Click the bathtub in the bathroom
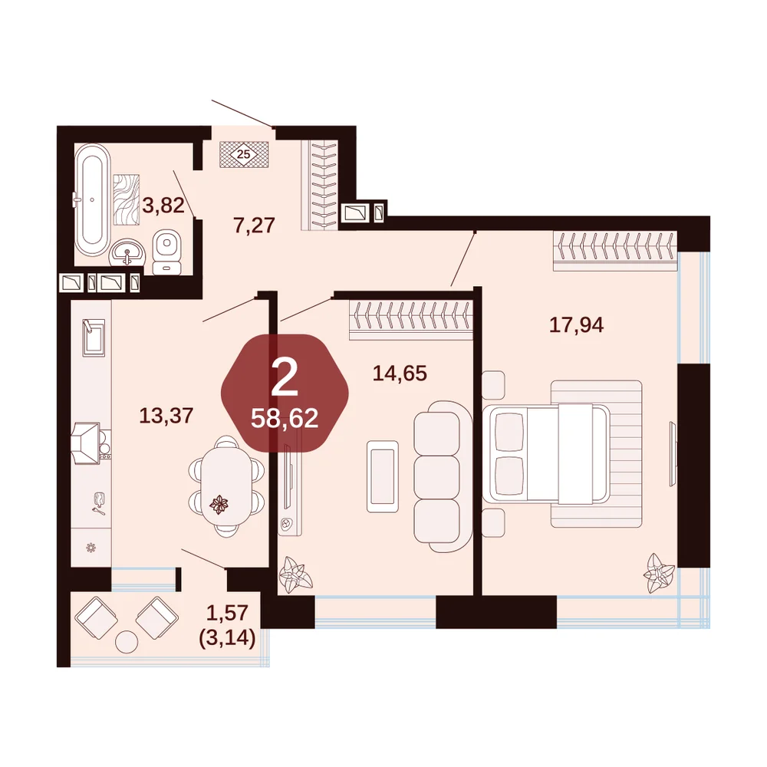[x=92, y=199]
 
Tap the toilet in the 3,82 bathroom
[x=166, y=252]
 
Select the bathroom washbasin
[x=127, y=252]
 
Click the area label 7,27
[x=255, y=225]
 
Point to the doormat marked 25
[x=244, y=155]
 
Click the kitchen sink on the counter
[x=93, y=338]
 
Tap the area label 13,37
[x=166, y=416]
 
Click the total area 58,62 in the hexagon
[x=285, y=418]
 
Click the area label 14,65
[x=400, y=374]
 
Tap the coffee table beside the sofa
[x=383, y=476]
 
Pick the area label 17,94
[x=576, y=324]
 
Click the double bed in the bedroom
[x=546, y=453]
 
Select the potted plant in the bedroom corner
[x=658, y=573]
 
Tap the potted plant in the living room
[x=295, y=572]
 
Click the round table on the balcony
[x=127, y=641]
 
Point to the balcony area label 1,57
[x=227, y=612]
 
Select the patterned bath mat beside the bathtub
[x=127, y=199]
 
